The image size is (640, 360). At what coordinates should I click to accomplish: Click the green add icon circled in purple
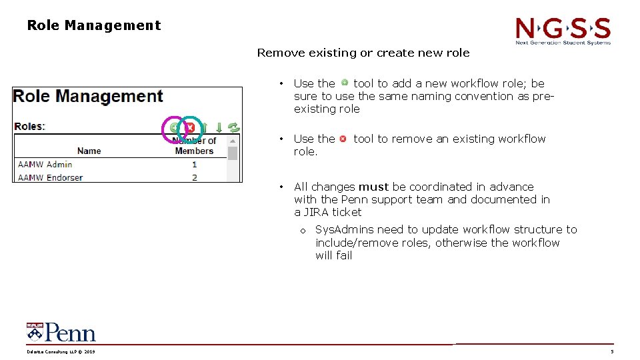(175, 127)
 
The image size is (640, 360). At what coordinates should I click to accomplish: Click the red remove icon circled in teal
(190, 127)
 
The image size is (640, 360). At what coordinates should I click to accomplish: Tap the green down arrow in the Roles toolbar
(219, 127)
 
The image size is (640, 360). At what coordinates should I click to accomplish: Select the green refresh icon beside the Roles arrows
(233, 127)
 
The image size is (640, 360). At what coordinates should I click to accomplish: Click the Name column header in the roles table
(89, 151)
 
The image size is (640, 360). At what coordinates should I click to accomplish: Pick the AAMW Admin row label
(45, 164)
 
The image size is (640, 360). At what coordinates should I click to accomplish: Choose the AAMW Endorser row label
(50, 177)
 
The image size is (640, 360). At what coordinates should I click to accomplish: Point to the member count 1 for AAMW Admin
(195, 164)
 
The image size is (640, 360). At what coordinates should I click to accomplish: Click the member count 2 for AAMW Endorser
(195, 177)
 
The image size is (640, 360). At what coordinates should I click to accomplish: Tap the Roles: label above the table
(29, 126)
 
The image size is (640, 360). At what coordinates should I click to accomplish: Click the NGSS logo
(563, 31)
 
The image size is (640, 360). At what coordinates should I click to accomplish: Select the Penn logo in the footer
(61, 332)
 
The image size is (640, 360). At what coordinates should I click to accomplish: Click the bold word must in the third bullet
(373, 187)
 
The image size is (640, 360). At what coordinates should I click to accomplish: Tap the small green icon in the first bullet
(344, 83)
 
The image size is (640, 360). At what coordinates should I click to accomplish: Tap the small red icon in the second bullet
(343, 139)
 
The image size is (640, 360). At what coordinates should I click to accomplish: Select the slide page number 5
(612, 352)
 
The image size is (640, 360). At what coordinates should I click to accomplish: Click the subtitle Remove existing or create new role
(363, 53)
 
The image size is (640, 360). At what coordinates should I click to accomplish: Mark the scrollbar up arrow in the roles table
(233, 141)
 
